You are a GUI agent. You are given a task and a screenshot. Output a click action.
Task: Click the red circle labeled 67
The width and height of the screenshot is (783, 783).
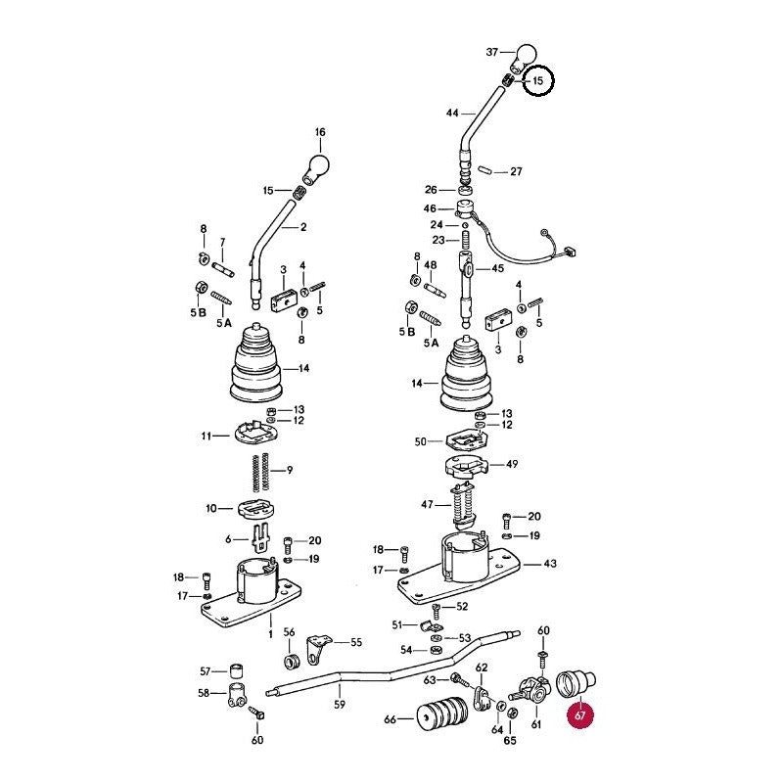(x=579, y=715)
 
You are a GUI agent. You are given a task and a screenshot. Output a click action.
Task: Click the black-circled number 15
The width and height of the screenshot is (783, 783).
(x=537, y=80)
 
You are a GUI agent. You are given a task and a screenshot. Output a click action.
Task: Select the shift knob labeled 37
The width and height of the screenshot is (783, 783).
(x=523, y=57)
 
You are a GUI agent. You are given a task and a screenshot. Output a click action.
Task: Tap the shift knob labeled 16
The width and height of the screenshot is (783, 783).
(x=316, y=167)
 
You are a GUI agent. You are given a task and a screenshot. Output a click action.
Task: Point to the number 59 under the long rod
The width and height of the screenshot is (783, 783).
(x=339, y=704)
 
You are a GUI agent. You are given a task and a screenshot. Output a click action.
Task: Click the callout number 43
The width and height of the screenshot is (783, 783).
(x=550, y=564)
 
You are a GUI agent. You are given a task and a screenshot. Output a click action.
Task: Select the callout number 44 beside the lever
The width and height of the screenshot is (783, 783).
(x=452, y=114)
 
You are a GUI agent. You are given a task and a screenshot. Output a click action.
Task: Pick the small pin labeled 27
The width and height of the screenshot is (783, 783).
(x=484, y=169)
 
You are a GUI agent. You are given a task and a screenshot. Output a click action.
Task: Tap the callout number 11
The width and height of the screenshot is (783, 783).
(x=207, y=436)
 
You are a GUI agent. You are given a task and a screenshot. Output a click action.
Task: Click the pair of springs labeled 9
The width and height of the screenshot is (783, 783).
(x=260, y=471)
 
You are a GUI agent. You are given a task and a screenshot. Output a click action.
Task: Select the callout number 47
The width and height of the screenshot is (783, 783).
(x=427, y=505)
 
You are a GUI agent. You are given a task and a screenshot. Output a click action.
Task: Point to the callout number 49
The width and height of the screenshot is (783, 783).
(x=512, y=464)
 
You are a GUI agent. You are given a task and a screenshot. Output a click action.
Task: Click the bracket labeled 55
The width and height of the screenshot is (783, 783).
(x=317, y=647)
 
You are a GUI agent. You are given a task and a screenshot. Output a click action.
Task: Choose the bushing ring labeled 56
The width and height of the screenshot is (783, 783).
(x=291, y=661)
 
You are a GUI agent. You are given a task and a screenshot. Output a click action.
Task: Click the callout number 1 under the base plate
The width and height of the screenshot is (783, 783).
(x=271, y=634)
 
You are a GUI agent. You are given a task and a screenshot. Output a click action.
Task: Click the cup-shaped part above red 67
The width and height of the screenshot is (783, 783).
(x=576, y=682)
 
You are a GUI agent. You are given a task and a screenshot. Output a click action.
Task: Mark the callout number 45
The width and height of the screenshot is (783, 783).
(x=498, y=268)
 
